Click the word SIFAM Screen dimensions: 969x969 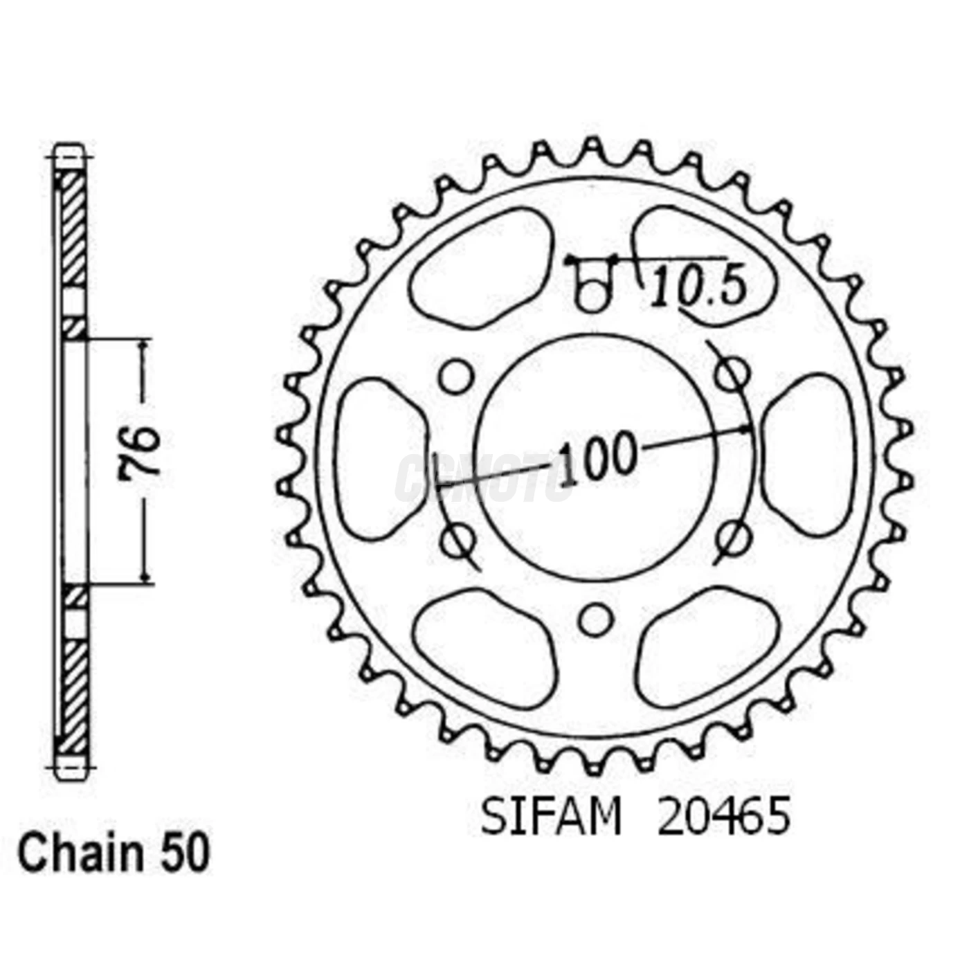tap(551, 817)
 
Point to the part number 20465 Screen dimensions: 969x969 tap(723, 817)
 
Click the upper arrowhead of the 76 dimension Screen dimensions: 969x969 tap(145, 346)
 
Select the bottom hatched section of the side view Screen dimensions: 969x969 tap(73, 696)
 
